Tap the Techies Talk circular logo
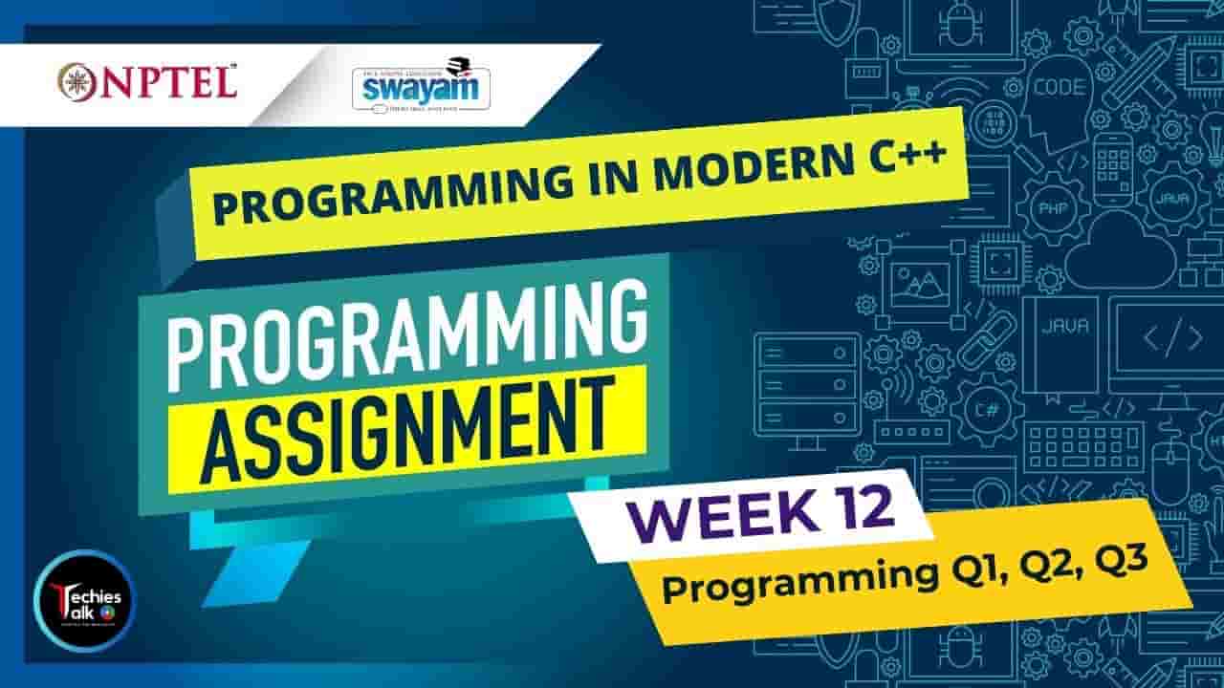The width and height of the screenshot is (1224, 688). tap(84, 600)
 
